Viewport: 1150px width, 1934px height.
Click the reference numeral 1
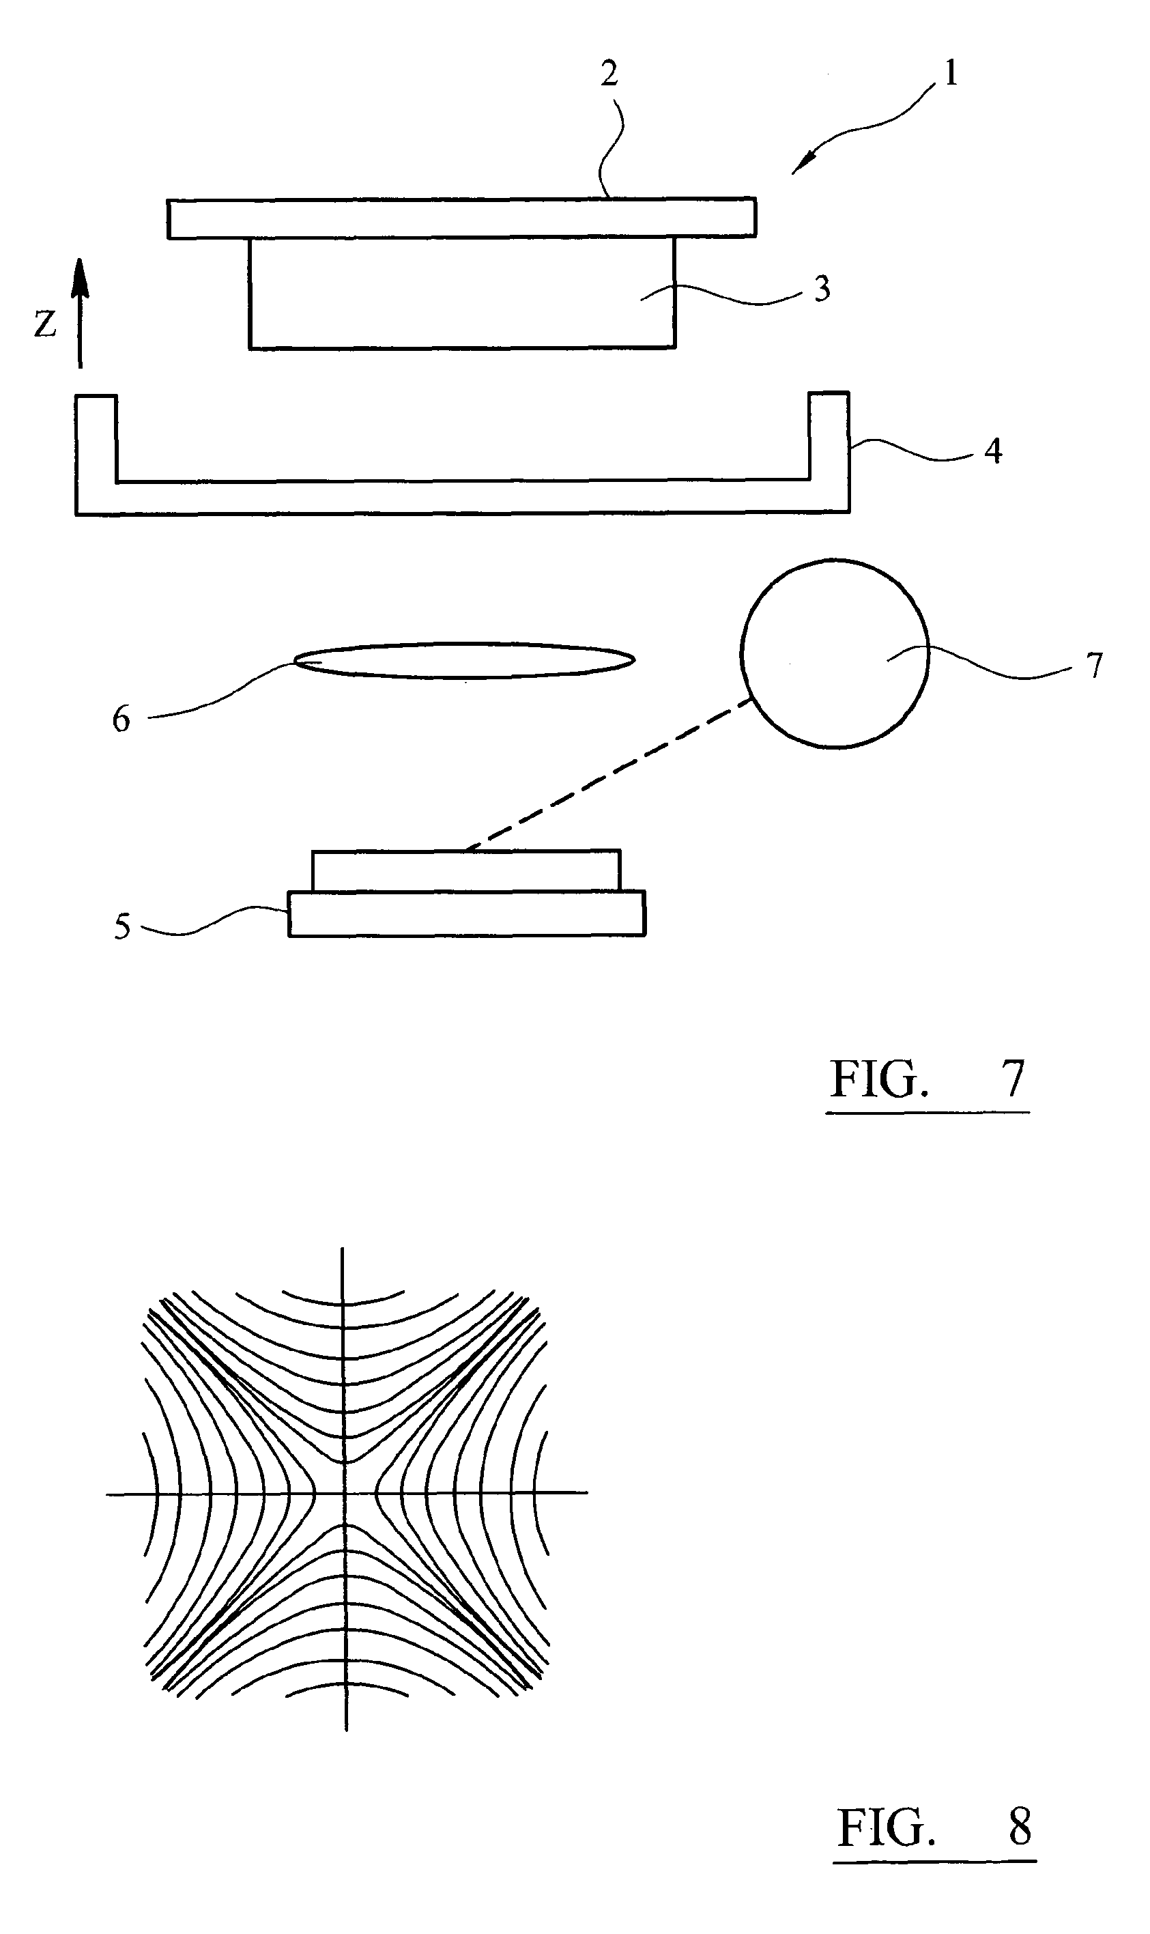[x=950, y=74]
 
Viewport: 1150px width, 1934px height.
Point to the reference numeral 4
[x=993, y=451]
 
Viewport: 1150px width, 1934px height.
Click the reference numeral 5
[x=122, y=927]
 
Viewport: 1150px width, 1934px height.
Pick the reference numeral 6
[x=121, y=720]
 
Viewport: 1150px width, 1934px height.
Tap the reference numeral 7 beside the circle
[x=1093, y=666]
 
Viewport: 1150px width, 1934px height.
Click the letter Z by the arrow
[x=45, y=324]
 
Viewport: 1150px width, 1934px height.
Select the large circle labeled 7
[x=834, y=653]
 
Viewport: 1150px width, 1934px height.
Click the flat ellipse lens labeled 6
[x=463, y=660]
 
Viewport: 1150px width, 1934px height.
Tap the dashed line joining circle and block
[x=612, y=773]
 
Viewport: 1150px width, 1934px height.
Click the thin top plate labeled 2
[x=461, y=218]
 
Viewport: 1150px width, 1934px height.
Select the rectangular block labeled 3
[x=462, y=293]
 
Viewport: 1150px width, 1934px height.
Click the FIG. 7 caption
[x=928, y=1080]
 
